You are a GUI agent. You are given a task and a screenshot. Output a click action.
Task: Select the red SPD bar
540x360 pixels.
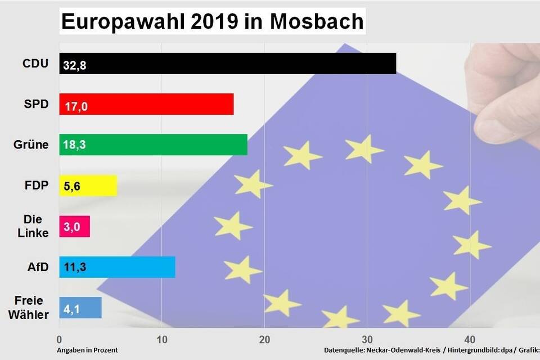146,104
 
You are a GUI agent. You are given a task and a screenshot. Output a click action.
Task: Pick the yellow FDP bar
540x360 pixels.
88,186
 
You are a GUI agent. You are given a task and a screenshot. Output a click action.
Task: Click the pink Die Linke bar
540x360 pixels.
74,226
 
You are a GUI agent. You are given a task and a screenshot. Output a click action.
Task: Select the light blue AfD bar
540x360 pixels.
117,267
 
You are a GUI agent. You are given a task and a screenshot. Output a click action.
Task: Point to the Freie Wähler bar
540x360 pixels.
80,308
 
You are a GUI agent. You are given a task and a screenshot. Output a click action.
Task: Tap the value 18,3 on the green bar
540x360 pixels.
74,146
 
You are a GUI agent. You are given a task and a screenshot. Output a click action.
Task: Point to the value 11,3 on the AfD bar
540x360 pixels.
74,268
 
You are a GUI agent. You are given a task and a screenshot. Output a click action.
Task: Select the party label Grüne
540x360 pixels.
31,145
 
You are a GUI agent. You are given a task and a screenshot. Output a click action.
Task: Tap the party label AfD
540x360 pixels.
38,267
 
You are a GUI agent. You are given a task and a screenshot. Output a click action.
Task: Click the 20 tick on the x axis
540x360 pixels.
264,339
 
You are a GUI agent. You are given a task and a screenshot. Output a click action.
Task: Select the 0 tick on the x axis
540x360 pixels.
59,339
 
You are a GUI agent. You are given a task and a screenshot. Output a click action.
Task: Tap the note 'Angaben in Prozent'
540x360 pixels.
87,350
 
